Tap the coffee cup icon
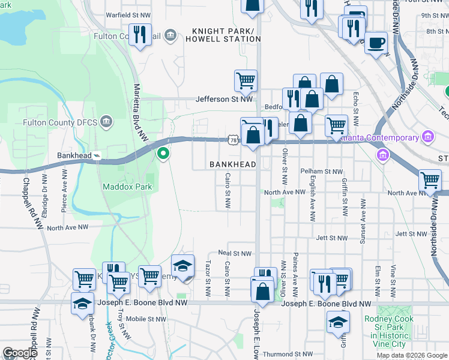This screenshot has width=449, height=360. coord(376,43)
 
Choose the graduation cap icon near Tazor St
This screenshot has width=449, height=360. coord(183,266)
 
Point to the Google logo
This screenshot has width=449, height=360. coord(19,353)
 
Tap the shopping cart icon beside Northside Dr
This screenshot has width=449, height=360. coord(430,181)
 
